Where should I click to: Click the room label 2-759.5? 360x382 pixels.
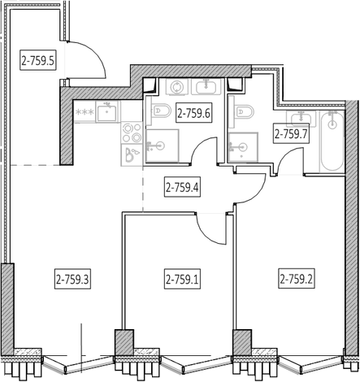click(x=38, y=60)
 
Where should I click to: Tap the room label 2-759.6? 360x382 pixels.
click(x=193, y=112)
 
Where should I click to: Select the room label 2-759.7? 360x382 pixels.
click(x=292, y=133)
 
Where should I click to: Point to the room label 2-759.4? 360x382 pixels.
click(x=182, y=187)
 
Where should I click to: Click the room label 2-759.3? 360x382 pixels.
click(x=72, y=279)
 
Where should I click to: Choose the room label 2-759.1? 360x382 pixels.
click(x=182, y=279)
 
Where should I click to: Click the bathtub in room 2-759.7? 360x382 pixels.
click(x=332, y=141)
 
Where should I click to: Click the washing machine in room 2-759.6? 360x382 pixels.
click(x=176, y=87)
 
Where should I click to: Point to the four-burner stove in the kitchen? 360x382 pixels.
click(x=132, y=132)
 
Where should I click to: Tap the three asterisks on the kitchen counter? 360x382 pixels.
click(x=85, y=111)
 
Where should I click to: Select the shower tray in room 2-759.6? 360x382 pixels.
click(x=163, y=145)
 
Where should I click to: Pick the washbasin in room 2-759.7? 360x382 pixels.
click(x=301, y=119)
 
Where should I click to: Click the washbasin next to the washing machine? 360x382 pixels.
click(x=206, y=86)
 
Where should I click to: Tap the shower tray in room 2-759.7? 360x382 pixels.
click(x=243, y=147)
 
